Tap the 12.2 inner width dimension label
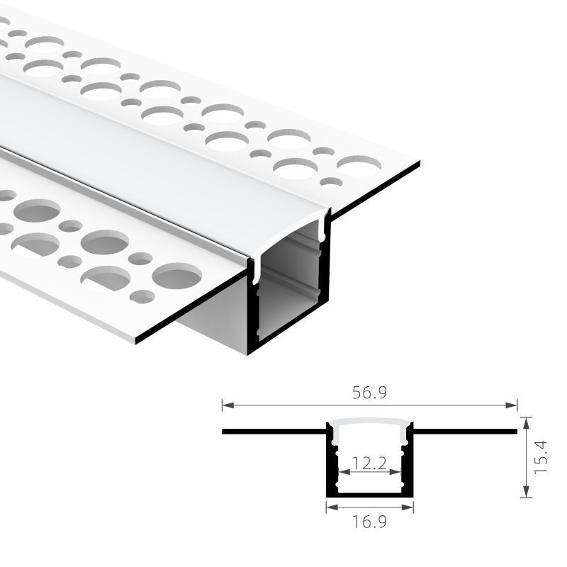click(x=369, y=464)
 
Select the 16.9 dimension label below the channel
click(x=369, y=522)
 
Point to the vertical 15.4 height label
click(x=541, y=457)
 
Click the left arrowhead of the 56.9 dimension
click(x=225, y=405)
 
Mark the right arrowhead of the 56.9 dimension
click(x=514, y=405)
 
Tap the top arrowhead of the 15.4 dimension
click(x=525, y=421)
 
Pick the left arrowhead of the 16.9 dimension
click(x=329, y=507)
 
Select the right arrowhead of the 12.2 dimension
click(x=399, y=471)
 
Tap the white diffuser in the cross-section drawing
click(x=369, y=425)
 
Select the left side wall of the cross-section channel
click(x=330, y=461)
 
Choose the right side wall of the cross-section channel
click(x=410, y=461)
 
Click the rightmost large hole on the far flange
click(x=359, y=165)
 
